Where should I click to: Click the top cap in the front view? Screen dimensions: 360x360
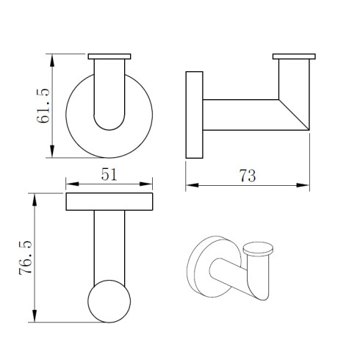coord(109,56)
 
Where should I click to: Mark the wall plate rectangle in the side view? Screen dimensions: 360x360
coord(195,115)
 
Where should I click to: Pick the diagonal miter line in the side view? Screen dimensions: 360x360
coord(293,115)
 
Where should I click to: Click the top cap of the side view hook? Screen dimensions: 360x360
coord(294,56)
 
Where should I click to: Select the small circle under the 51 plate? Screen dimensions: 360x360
coord(109,301)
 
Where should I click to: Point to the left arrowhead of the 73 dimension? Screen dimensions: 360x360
coord(189,184)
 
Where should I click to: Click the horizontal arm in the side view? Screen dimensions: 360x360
coord(242,115)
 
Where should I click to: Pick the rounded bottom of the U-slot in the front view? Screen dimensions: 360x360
coord(109,127)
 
